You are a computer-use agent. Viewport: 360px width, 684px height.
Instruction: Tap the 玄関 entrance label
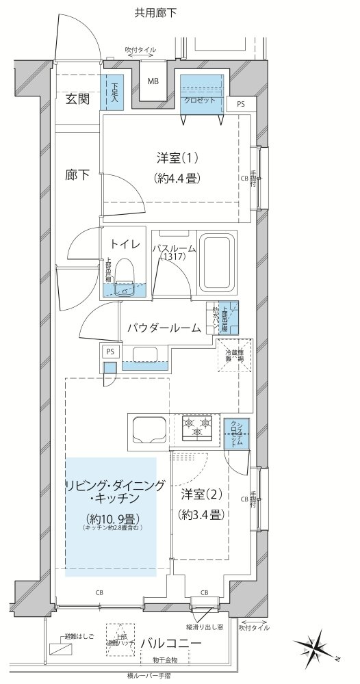77,98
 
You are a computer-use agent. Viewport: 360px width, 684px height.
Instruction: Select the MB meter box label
154,81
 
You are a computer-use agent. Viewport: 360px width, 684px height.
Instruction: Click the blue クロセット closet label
201,101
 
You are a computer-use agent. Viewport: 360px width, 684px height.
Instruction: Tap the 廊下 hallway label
77,174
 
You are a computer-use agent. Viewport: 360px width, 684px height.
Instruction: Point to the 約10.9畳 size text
108,516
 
